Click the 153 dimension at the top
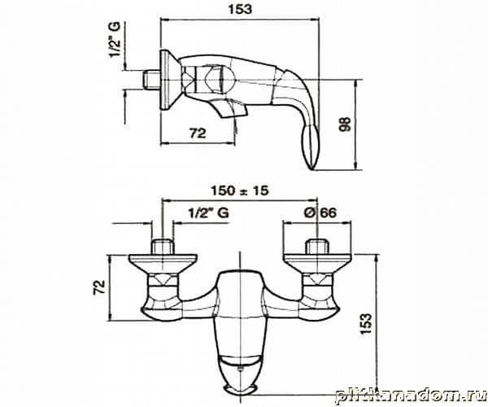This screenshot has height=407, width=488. [240, 9]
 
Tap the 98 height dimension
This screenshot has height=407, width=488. [345, 124]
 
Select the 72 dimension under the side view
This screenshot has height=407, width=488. [198, 133]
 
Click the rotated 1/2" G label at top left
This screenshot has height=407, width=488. [114, 40]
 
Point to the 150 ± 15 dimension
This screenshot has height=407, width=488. [240, 190]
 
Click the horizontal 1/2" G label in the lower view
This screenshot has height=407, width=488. [208, 213]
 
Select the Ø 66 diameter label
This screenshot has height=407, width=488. [320, 212]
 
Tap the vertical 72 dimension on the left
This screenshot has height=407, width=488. [99, 287]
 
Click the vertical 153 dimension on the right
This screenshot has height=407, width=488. [366, 323]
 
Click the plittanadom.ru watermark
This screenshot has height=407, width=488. [411, 396]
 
